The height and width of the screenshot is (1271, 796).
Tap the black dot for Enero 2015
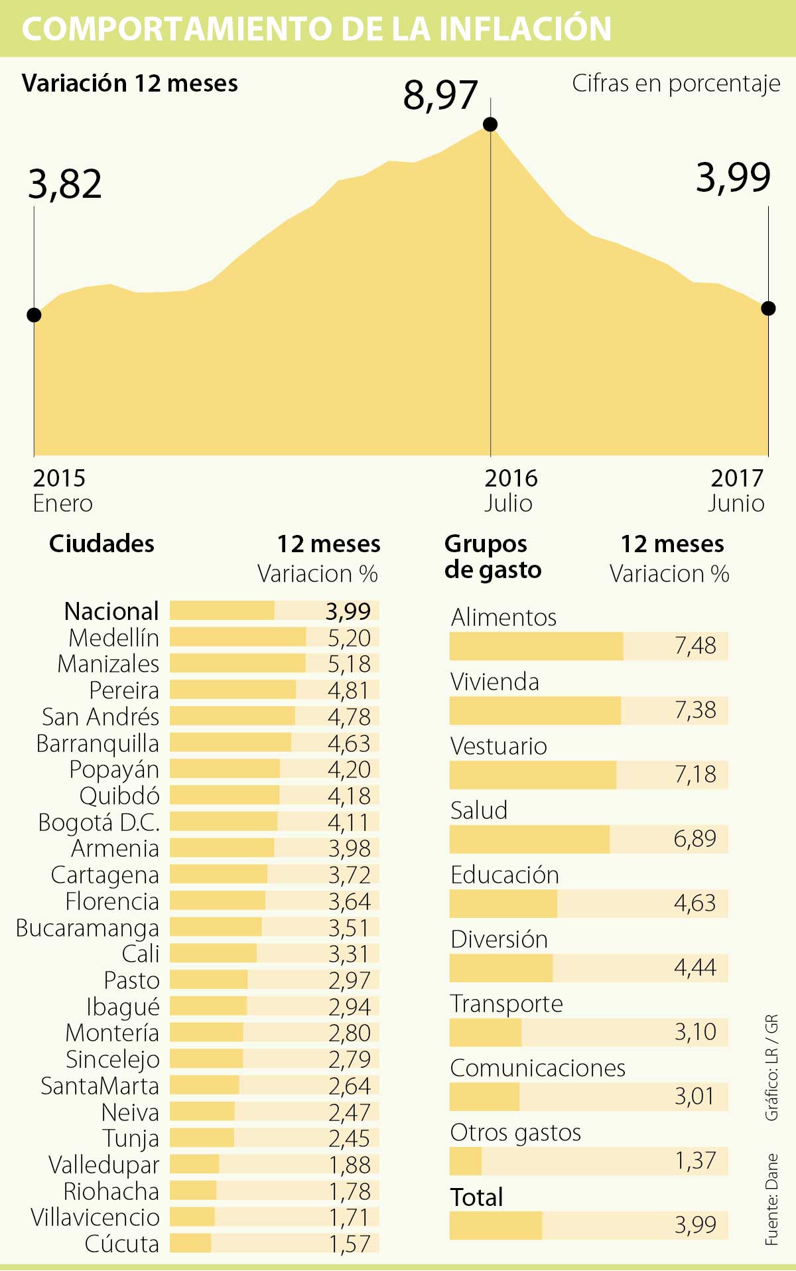pos(34,315)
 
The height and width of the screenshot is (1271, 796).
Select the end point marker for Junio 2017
pos(768,308)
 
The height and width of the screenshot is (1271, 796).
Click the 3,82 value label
pos(65,184)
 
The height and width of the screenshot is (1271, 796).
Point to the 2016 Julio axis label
pos(510,490)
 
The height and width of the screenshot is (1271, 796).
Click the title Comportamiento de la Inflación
pos(316,29)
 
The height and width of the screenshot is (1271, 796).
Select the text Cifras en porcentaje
pos(676,84)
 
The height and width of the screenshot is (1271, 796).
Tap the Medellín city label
pos(113,638)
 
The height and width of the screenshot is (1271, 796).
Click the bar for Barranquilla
pos(230,743)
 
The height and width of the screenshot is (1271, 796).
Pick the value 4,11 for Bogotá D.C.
pos(348,822)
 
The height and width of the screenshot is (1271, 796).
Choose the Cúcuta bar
pos(190,1243)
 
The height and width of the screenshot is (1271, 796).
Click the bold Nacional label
pos(111,611)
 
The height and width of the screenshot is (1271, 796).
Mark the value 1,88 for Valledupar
pos(350,1165)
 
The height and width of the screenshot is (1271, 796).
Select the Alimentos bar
pos(536,646)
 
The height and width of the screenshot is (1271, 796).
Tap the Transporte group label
pos(506,1004)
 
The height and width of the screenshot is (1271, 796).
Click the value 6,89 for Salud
pos(695,839)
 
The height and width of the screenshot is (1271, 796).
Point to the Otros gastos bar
pos(466,1161)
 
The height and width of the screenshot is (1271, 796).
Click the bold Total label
pos(476,1197)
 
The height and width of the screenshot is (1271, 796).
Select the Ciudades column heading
pos(101,544)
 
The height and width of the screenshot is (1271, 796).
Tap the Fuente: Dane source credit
pos(771,1199)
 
